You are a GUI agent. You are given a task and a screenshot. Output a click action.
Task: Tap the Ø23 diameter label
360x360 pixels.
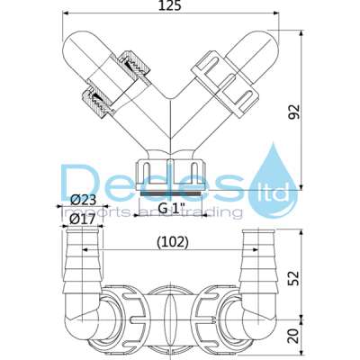tap(84, 199)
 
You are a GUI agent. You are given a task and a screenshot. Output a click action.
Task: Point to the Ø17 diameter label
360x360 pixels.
tap(84, 217)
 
